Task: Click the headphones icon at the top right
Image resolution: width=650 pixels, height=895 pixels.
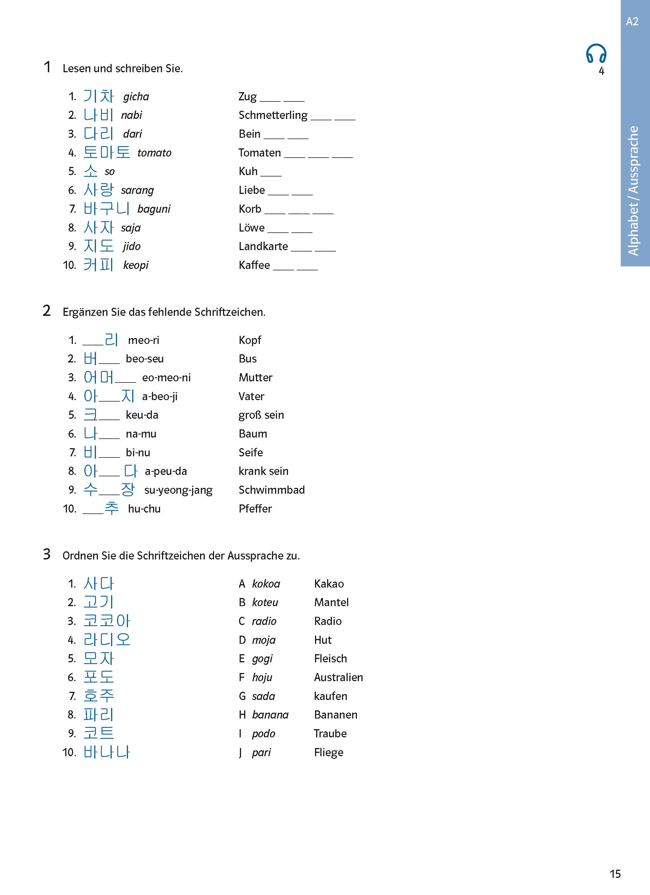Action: click(596, 54)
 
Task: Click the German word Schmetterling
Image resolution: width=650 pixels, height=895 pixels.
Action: click(273, 115)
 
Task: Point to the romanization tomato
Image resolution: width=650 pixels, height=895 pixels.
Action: click(154, 153)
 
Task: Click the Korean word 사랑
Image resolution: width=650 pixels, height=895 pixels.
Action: click(98, 190)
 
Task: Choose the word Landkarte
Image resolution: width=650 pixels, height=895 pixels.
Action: click(263, 246)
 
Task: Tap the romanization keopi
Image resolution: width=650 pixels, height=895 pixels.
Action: click(136, 265)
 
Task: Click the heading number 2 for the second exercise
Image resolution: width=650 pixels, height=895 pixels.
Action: click(47, 311)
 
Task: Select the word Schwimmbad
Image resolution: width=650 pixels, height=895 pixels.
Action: click(272, 490)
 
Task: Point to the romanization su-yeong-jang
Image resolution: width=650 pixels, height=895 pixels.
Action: click(178, 490)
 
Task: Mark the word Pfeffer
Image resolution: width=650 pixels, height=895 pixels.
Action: click(255, 509)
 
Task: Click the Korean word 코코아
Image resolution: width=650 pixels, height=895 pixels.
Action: click(107, 621)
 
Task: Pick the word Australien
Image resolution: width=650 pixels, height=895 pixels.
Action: click(338, 677)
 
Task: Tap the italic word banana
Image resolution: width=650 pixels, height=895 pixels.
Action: click(270, 715)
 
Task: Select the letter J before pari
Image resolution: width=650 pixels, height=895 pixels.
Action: click(240, 753)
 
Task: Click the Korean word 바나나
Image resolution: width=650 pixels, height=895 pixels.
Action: click(107, 752)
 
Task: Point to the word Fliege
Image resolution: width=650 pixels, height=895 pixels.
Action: click(329, 753)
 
